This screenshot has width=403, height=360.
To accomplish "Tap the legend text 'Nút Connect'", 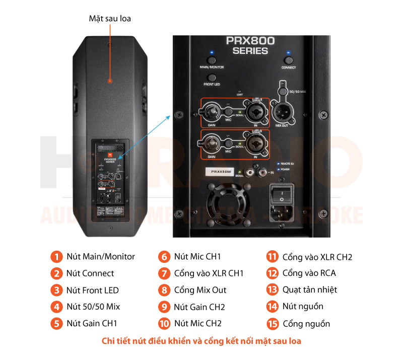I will click(90, 273).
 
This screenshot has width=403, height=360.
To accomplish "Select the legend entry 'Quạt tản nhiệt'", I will click(309, 290).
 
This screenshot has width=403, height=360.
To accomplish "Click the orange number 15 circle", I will click(273, 323).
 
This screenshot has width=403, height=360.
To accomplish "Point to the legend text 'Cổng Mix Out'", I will click(200, 290).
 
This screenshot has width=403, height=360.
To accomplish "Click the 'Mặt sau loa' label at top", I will click(110, 19).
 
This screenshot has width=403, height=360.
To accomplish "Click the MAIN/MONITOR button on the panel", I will click(212, 60).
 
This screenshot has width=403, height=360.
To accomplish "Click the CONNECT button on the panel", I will click(288, 60).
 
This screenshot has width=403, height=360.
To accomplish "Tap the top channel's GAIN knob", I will click(212, 110).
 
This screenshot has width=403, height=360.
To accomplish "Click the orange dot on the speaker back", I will click(110, 80).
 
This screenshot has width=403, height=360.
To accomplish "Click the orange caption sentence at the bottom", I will click(201, 341).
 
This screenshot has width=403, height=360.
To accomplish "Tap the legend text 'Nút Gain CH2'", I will click(199, 307).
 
